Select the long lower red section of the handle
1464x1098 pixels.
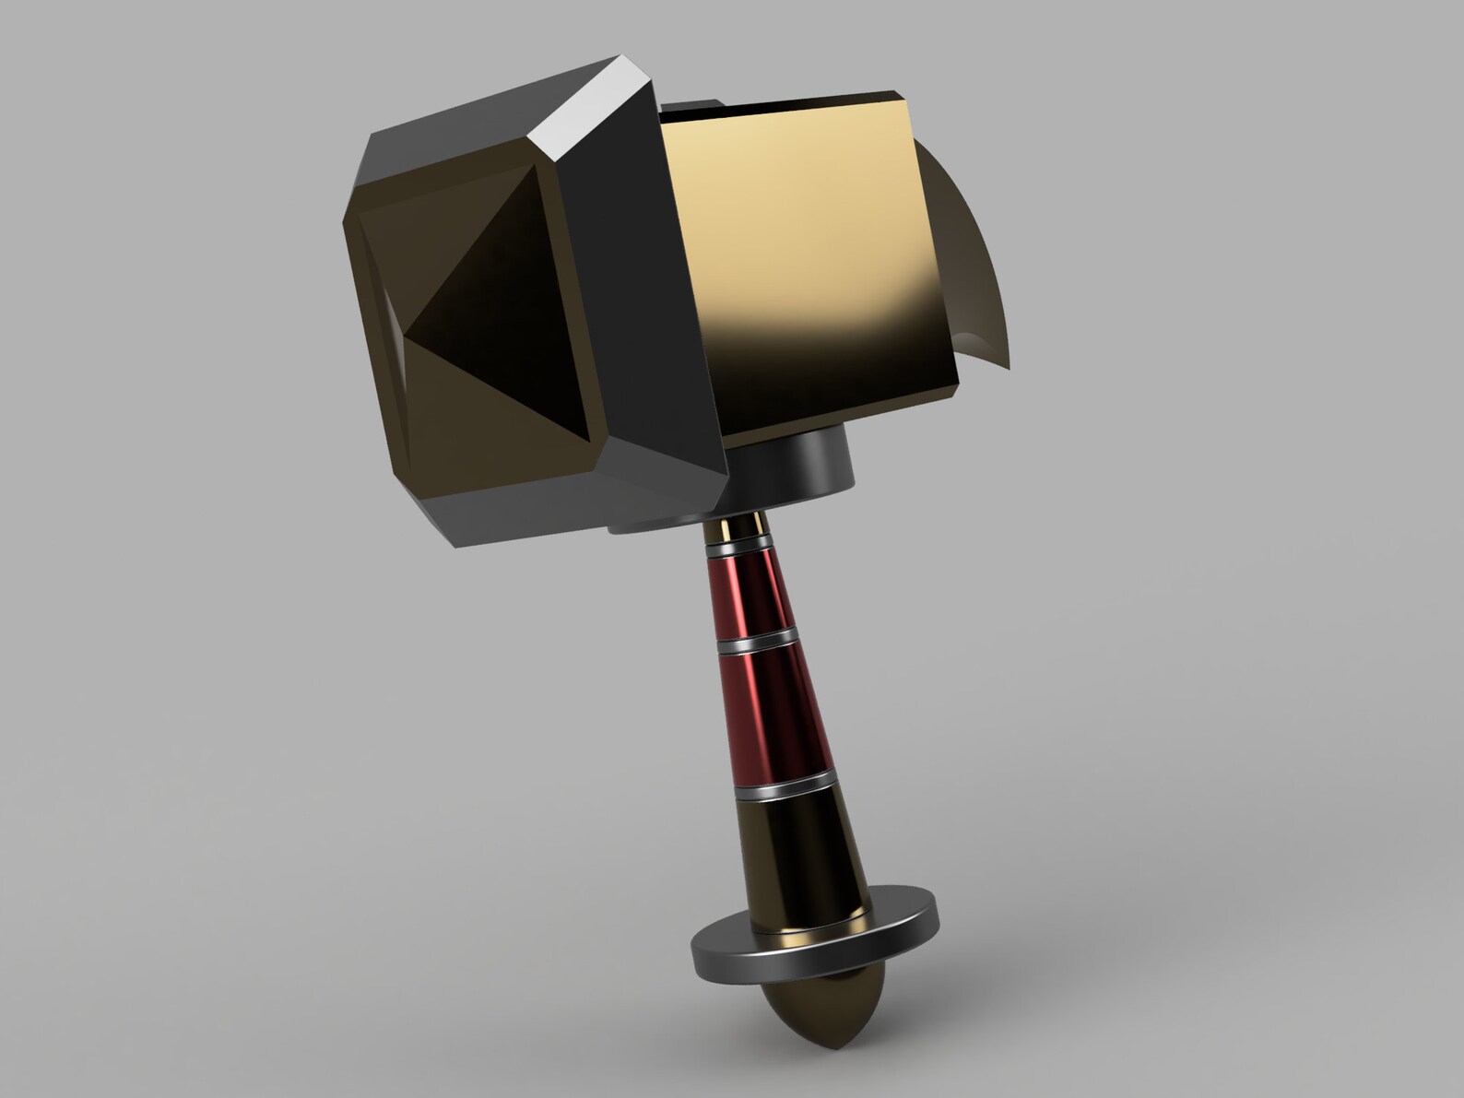[x=771, y=714]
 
